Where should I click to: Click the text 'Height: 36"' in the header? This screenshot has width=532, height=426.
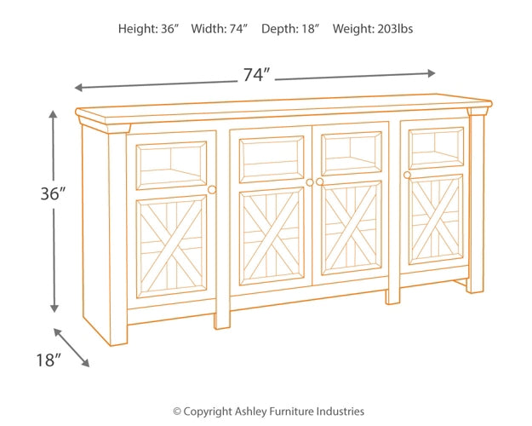coord(149,29)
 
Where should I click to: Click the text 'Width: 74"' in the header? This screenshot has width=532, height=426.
coord(220,29)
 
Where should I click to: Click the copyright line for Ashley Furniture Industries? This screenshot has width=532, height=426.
coord(268,411)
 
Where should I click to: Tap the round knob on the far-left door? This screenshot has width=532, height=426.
coord(212,189)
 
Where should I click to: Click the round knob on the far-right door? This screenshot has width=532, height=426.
coord(408,175)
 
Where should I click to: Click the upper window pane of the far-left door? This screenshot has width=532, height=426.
coord(172,164)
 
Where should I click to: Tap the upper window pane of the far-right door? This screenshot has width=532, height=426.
coord(437,147)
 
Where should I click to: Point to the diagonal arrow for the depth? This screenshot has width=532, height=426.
coord(72,348)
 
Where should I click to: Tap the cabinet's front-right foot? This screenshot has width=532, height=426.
coord(392,296)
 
